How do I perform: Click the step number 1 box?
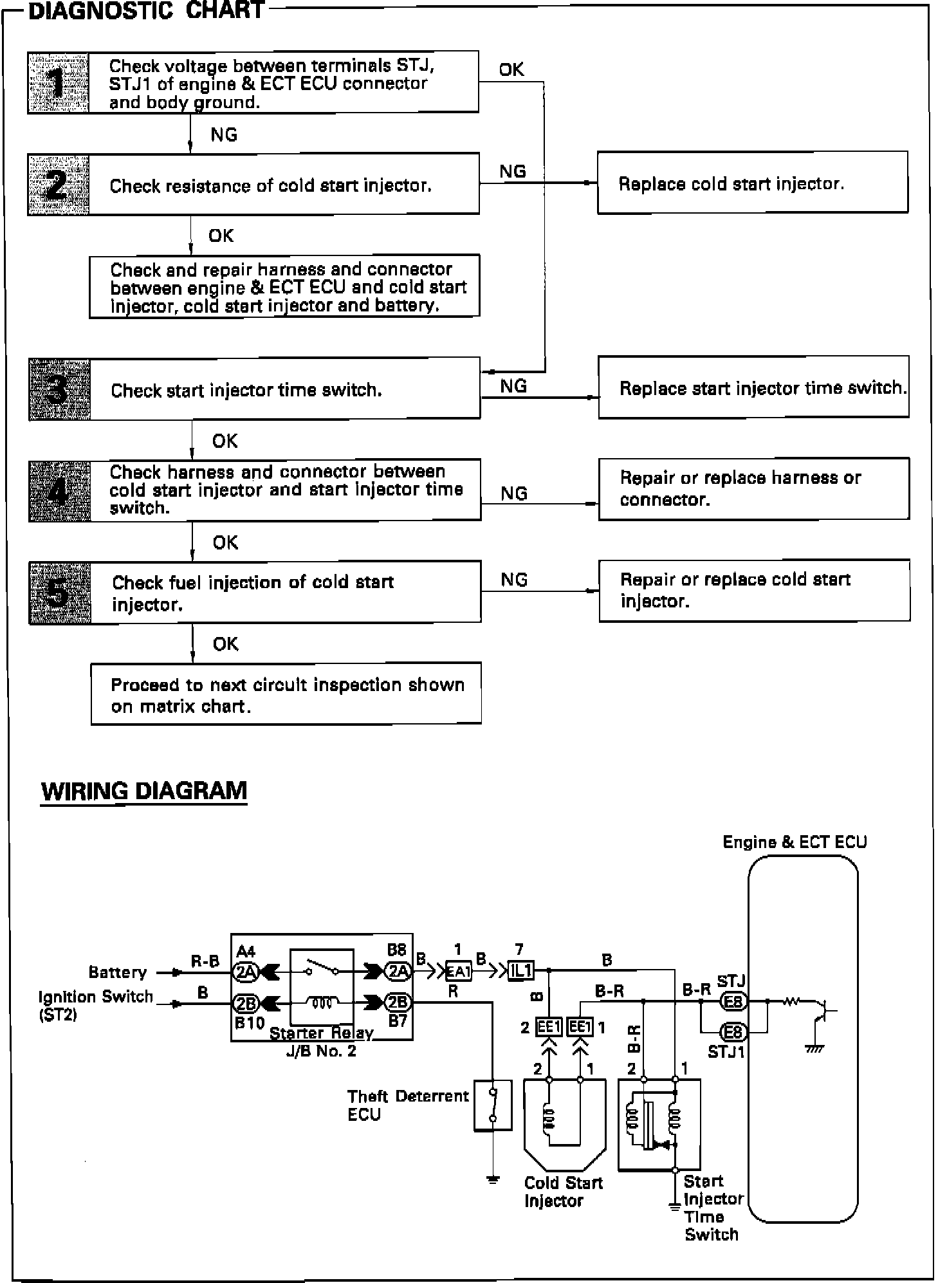tap(59, 83)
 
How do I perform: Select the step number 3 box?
tap(60, 389)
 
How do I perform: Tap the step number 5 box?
tap(60, 592)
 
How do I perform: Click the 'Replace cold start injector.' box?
tap(752, 183)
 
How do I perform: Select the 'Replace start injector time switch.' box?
tap(753, 387)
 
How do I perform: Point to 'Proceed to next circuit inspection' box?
tap(286, 694)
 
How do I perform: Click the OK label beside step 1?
tap(511, 69)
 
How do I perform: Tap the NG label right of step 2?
tap(513, 171)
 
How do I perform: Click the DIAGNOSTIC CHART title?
tap(147, 11)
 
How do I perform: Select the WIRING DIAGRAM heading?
tap(144, 791)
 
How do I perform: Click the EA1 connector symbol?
tap(459, 971)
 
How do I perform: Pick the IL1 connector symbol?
tap(520, 971)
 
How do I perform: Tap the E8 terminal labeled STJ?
tap(733, 1002)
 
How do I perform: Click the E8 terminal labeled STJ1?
tap(733, 1032)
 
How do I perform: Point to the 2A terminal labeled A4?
tap(244, 972)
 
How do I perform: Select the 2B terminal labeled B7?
tap(398, 1002)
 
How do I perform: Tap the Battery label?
tap(118, 972)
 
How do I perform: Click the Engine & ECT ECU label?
tap(795, 842)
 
